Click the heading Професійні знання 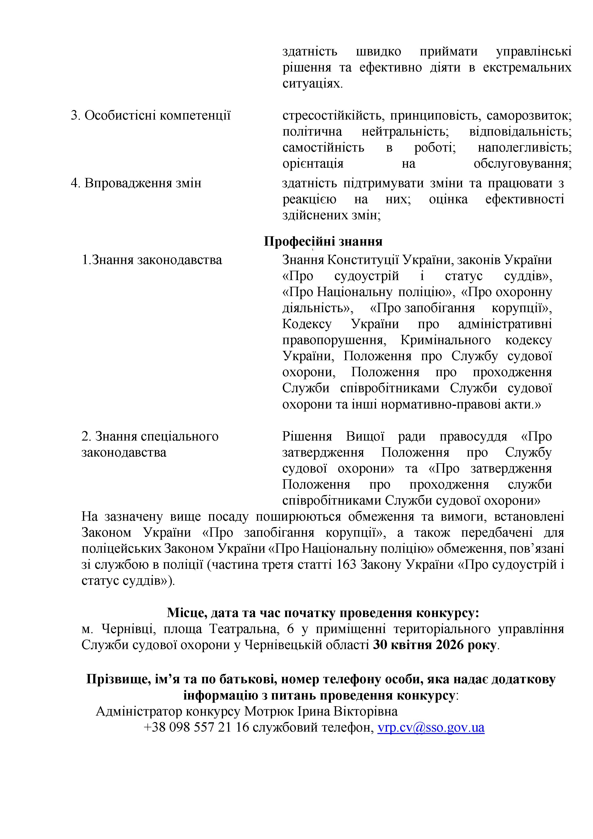(x=323, y=242)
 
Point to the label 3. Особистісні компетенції (x=150, y=116)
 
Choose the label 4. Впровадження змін (x=136, y=183)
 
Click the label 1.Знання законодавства (x=152, y=260)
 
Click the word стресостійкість (x=332, y=116)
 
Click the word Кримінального (x=446, y=340)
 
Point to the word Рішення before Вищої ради (x=307, y=436)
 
